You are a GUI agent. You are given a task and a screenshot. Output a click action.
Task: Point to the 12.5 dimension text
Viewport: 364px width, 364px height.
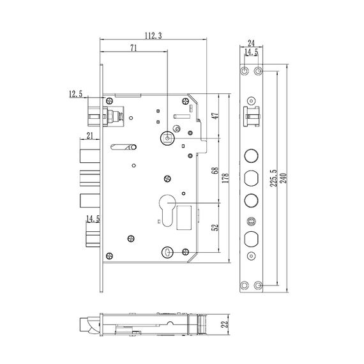75,95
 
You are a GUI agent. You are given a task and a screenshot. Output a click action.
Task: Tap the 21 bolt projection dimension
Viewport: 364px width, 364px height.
90,135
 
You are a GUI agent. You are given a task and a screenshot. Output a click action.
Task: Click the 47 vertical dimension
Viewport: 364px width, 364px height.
215,117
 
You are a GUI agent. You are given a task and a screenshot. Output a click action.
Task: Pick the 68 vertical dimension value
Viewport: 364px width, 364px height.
215,171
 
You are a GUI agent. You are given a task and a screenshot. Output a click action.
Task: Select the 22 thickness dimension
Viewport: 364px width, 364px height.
224,324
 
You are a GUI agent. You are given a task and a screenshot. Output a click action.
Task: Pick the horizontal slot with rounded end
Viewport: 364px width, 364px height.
122,149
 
